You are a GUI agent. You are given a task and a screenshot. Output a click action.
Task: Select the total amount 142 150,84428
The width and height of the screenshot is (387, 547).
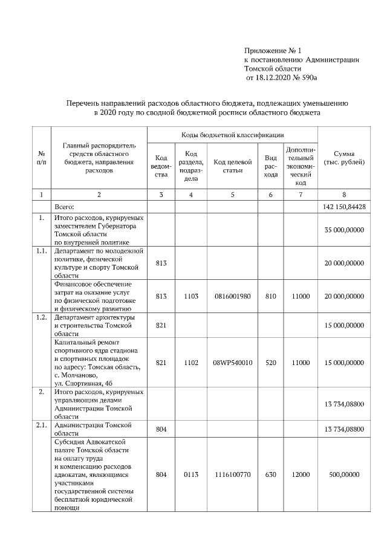click(x=343, y=207)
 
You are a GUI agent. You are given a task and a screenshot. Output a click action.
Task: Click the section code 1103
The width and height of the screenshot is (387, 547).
click(x=191, y=296)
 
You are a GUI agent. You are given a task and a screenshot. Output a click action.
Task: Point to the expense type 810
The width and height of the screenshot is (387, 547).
click(x=272, y=296)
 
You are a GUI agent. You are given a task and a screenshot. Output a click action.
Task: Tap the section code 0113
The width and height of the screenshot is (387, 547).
click(x=191, y=475)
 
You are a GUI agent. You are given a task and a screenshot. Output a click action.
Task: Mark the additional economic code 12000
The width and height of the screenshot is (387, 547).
click(x=301, y=475)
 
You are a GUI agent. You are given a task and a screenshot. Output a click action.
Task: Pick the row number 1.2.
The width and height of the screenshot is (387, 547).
click(x=41, y=317)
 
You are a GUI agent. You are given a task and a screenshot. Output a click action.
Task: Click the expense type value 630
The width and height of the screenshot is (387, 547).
click(x=272, y=475)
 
